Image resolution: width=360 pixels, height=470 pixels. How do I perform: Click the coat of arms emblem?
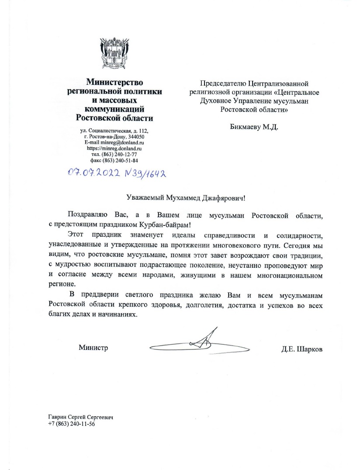click(x=114, y=55)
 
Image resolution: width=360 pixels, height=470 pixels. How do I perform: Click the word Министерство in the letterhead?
click(x=114, y=81)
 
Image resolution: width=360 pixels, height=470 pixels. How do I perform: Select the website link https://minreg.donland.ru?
click(x=114, y=149)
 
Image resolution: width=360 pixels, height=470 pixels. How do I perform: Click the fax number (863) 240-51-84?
click(x=121, y=160)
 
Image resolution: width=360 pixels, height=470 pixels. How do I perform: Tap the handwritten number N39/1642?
click(x=142, y=174)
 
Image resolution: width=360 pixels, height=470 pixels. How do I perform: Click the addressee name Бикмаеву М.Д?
click(x=254, y=127)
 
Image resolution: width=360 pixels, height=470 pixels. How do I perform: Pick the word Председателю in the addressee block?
click(x=222, y=83)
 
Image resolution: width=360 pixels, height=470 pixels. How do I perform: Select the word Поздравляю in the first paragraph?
click(x=87, y=215)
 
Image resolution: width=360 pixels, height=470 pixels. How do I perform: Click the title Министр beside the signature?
click(x=93, y=348)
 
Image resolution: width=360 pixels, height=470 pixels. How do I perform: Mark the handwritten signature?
click(x=201, y=343)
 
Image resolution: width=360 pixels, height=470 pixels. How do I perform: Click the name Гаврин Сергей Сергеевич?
click(x=81, y=418)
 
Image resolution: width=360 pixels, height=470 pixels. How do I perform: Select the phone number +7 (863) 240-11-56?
click(x=72, y=424)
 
